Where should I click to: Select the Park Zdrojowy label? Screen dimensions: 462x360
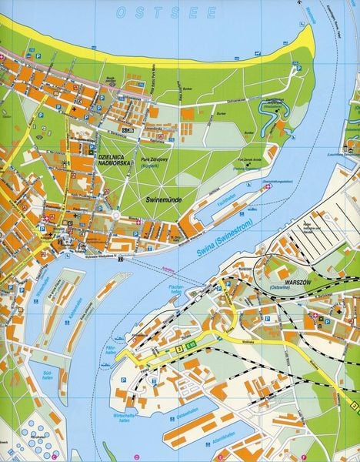(156, 162)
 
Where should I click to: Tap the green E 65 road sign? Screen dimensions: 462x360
(191, 347)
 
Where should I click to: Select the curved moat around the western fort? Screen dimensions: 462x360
(271, 115)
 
